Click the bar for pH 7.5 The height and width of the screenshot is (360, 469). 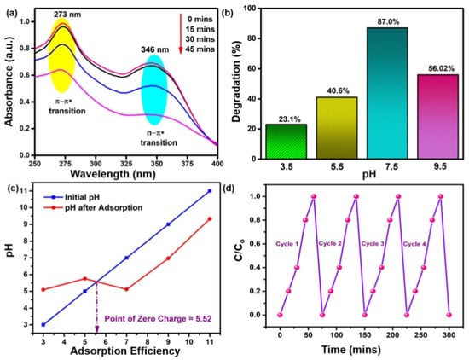point(387,93)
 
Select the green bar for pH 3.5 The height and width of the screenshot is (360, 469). point(286,142)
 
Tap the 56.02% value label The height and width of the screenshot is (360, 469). point(437,68)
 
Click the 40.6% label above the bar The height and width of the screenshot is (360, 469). point(337,90)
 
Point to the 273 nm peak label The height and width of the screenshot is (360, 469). point(67,14)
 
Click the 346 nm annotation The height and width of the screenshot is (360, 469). point(155,49)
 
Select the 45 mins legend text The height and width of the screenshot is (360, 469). point(200,49)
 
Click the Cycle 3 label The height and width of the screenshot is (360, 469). point(373,244)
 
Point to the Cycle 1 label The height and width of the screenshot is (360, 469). point(287,244)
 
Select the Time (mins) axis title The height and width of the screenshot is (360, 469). point(351,349)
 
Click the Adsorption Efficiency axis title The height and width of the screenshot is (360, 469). point(125,351)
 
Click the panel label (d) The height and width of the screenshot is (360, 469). point(229,189)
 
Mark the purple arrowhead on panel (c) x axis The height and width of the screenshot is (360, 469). point(96,329)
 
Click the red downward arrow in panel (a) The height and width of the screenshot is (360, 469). point(181,33)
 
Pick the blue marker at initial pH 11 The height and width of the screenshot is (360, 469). point(210,190)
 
